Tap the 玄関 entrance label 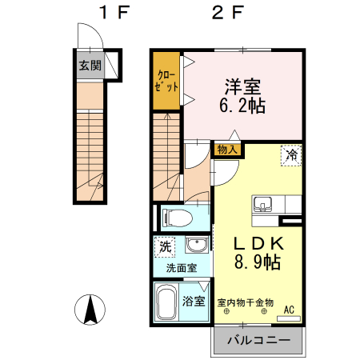point(90,66)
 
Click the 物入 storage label point(227,149)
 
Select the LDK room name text point(257,244)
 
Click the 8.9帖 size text point(257,262)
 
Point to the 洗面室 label point(182,268)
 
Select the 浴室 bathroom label point(194,302)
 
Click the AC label point(289,309)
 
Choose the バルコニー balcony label point(258,339)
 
